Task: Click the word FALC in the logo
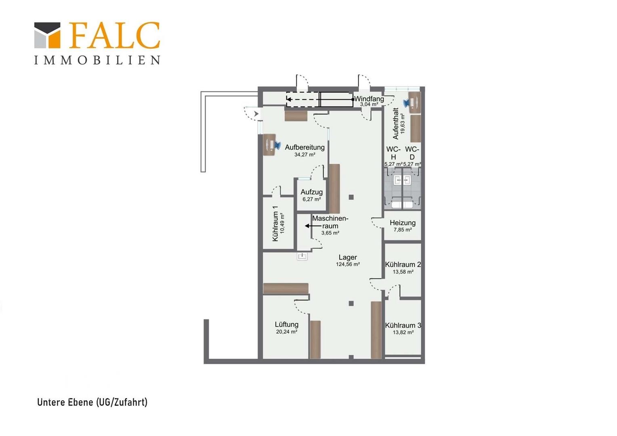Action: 114,35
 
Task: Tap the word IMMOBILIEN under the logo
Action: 97,60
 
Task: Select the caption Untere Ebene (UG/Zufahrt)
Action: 92,402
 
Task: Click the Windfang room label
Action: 369,99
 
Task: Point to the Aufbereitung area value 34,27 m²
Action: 304,155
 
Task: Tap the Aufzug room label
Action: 312,192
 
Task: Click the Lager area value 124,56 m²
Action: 348,264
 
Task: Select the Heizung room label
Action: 403,222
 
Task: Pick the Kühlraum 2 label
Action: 403,264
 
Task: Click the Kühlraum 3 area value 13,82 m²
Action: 403,332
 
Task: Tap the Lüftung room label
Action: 286,325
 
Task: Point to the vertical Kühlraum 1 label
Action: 275,224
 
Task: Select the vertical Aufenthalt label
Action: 395,124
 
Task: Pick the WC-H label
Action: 393,153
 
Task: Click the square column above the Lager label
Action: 351,197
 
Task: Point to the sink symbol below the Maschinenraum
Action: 302,256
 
